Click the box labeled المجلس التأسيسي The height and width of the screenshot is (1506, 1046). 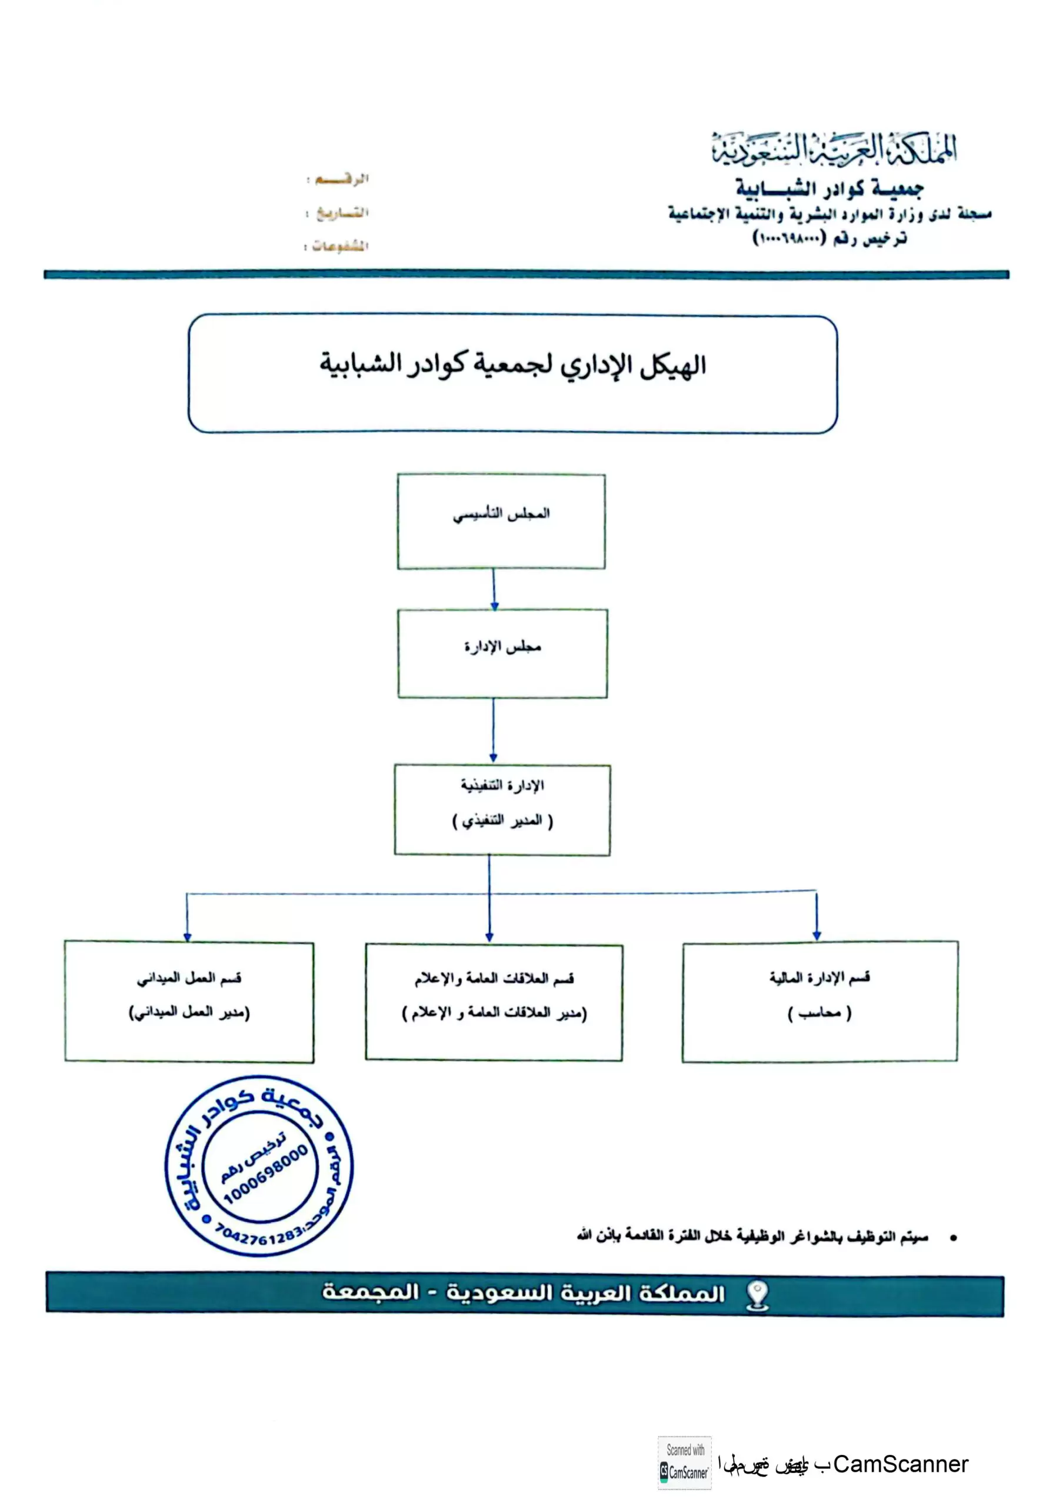click(x=501, y=521)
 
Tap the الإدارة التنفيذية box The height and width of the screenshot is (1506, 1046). click(x=502, y=809)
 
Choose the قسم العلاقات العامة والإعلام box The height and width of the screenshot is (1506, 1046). click(x=494, y=1002)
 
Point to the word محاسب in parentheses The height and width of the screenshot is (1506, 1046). click(x=820, y=1013)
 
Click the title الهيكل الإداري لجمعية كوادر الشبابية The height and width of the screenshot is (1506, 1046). click(x=512, y=364)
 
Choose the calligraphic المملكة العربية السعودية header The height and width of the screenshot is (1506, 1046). click(x=833, y=149)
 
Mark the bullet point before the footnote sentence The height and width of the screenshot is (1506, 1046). click(x=953, y=1238)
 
